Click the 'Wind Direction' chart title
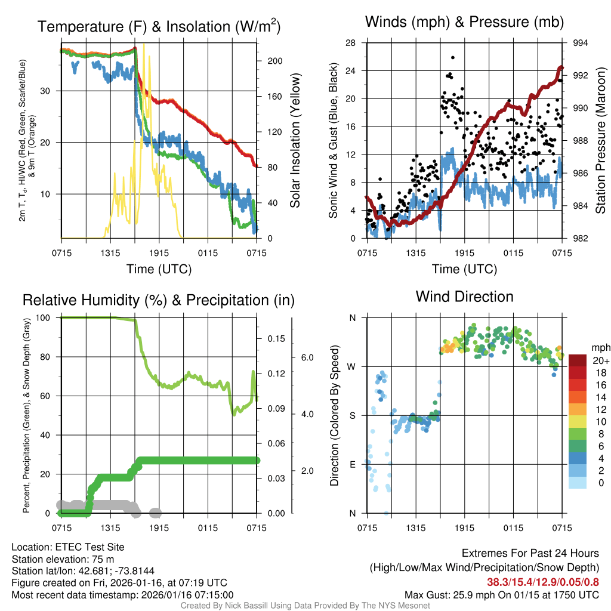(x=464, y=297)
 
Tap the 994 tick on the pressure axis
(x=581, y=43)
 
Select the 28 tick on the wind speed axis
(x=350, y=43)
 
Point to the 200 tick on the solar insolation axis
(x=274, y=61)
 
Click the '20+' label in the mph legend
(x=600, y=361)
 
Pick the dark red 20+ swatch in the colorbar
(x=578, y=360)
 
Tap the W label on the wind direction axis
(x=352, y=366)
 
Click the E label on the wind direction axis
(x=352, y=464)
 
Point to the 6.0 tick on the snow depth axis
(x=306, y=357)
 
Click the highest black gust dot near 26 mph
(x=453, y=58)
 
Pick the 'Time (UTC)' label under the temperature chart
(x=159, y=269)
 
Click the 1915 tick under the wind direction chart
(x=464, y=528)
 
